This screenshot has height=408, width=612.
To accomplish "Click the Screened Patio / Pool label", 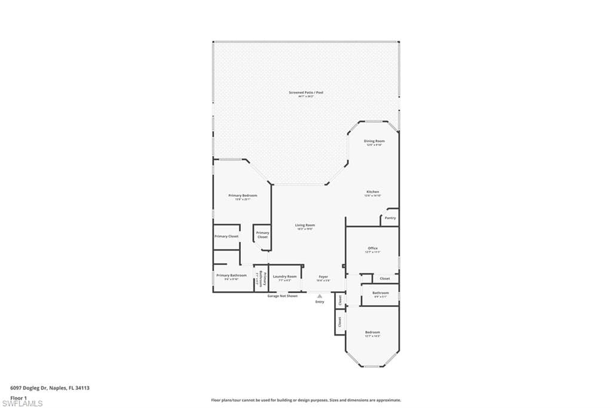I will click(x=306, y=93).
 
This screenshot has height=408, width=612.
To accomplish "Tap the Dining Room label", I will click(x=374, y=141).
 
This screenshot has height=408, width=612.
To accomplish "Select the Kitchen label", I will click(x=372, y=192).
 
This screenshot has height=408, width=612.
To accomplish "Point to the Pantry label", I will click(x=390, y=218).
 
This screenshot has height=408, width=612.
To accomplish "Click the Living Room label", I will click(x=305, y=226).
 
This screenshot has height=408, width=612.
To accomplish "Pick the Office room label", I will click(x=372, y=248).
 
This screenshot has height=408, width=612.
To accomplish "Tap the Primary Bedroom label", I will click(x=243, y=196).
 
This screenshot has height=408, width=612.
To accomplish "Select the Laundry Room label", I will click(x=284, y=276).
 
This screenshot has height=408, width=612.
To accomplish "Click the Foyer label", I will click(x=323, y=276).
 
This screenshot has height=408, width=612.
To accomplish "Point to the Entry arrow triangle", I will click(x=320, y=296).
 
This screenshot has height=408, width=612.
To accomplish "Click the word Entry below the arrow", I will click(x=320, y=302).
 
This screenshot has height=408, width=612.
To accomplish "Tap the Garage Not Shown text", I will click(x=282, y=296).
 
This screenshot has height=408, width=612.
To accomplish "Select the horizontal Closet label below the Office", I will click(x=385, y=278).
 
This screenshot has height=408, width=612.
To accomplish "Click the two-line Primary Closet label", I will click(x=262, y=235).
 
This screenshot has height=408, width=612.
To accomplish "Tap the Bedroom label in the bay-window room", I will click(x=372, y=332).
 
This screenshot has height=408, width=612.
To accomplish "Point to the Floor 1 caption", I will click(x=19, y=397).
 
